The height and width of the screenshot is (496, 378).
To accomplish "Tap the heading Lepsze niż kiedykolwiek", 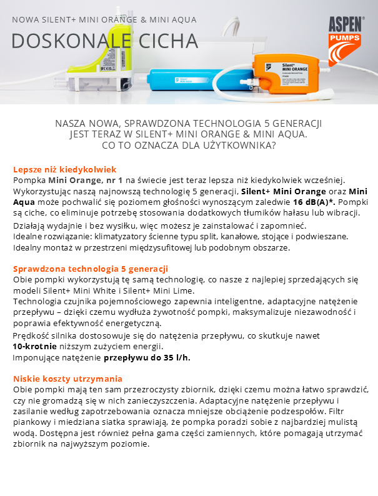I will [x=65, y=170].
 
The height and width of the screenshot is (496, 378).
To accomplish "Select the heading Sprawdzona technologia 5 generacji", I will [x=91, y=269].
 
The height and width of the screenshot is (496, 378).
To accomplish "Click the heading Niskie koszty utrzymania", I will [x=68, y=379].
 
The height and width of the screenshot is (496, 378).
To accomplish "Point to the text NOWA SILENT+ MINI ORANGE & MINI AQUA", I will [x=104, y=19].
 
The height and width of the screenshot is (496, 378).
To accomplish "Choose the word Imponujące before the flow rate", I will [x=38, y=357].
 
